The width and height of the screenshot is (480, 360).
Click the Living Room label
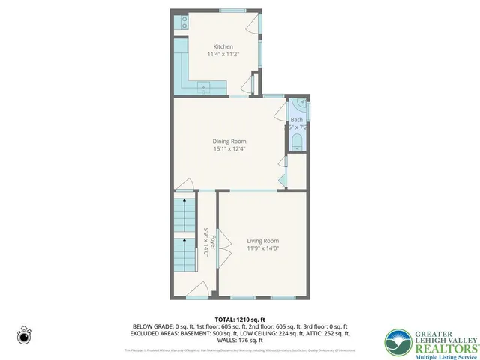pos(262,241)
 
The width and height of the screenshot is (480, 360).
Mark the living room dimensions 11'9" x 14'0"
pos(262,248)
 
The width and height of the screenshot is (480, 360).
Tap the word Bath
pos(297,120)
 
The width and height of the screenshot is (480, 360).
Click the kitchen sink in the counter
pos(204,88)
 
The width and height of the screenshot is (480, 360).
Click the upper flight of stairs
pos(185,217)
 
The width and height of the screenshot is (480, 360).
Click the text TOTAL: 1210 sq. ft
pos(239,319)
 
